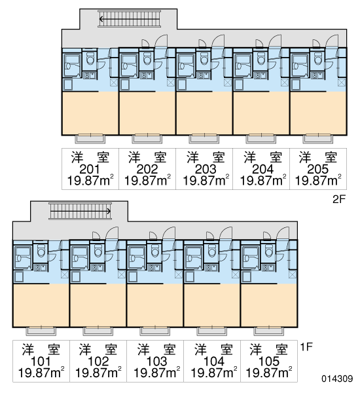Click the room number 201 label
point(90,170)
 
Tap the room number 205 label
point(317,170)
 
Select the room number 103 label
point(156,362)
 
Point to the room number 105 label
point(268,362)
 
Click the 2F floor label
point(339,200)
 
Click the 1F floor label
point(306,347)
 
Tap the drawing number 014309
point(337,379)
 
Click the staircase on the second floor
point(129,19)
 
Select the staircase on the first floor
point(80,211)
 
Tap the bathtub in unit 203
point(186,65)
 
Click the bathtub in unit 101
point(23,257)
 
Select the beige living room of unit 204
point(261,113)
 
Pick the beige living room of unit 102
point(98,305)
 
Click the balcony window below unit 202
point(147,138)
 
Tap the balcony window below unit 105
point(269,331)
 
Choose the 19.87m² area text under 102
point(98,373)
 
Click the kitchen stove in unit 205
point(317,75)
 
